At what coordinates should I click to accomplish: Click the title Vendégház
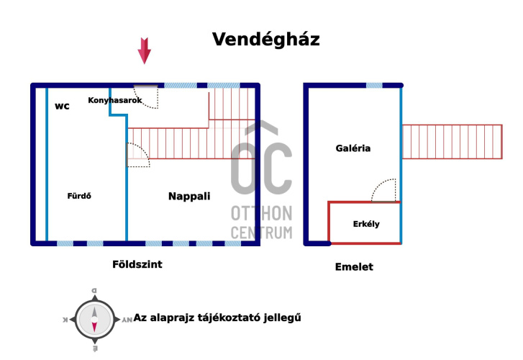[266, 40]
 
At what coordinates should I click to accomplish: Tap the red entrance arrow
[145, 51]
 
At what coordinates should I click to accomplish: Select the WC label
[63, 107]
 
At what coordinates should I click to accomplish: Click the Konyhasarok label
[115, 100]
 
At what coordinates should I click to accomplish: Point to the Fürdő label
[79, 196]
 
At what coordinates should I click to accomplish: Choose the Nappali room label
[189, 196]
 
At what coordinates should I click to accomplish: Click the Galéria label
[353, 148]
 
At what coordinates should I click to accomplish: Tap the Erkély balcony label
[366, 224]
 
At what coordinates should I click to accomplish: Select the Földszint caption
[137, 264]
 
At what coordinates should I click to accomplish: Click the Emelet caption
[354, 267]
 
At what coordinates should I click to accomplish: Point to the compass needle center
[94, 320]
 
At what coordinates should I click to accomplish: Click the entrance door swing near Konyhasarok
[146, 97]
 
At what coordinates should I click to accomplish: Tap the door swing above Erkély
[383, 190]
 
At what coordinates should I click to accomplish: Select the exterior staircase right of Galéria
[452, 142]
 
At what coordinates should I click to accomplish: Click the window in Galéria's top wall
[374, 86]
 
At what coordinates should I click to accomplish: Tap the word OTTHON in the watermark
[262, 213]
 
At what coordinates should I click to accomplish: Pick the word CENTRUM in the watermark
[262, 233]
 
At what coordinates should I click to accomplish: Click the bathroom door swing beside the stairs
[138, 155]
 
